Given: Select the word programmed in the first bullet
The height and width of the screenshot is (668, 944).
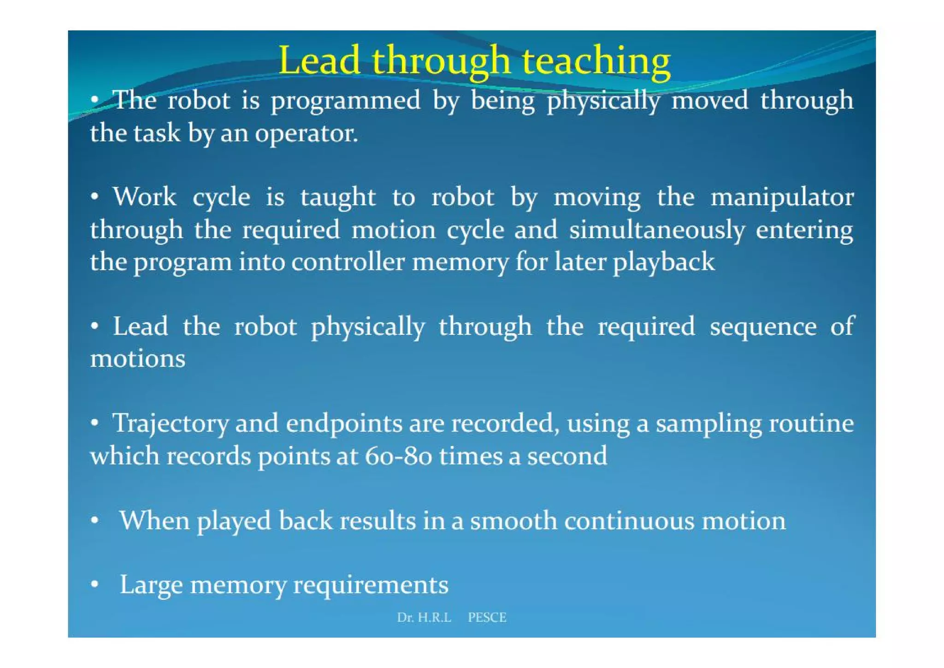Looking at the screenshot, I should coord(345,101).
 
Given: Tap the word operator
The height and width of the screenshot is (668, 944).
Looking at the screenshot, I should coord(306,134).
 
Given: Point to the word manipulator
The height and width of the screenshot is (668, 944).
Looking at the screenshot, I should coord(782,198).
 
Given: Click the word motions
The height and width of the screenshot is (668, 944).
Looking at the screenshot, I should coord(137,359).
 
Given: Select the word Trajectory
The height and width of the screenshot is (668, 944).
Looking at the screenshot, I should coord(171,424).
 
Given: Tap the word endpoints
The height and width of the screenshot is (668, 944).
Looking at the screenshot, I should coord(344,424).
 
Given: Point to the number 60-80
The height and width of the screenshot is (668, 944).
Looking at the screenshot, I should coord(398,456).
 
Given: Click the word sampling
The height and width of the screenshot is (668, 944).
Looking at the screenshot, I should coord(709,424).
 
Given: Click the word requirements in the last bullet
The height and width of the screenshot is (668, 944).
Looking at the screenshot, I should coord(371,585).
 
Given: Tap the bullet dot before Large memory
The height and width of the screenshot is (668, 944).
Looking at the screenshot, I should coord(94,584).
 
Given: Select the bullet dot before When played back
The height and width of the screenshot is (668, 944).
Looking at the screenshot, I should coord(94,521).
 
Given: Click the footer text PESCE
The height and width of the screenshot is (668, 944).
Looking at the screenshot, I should coord(487,617).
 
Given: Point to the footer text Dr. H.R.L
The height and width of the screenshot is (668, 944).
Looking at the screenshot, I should coord(424,617).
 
